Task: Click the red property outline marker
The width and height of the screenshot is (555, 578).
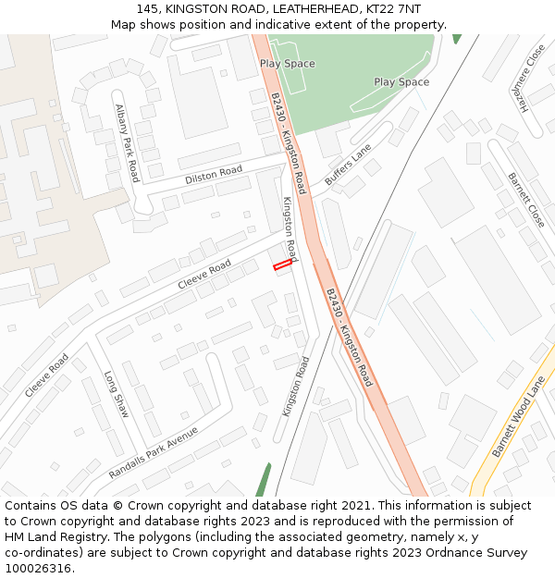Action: (x=282, y=265)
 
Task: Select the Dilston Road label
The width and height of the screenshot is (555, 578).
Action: (x=214, y=174)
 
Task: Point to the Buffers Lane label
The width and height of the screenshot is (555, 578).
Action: (x=347, y=165)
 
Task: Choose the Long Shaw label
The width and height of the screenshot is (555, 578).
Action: (x=117, y=394)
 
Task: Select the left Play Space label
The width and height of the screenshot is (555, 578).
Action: (x=287, y=64)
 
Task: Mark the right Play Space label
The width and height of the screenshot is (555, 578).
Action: (x=401, y=82)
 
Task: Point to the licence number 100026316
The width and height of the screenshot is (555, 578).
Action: (x=39, y=568)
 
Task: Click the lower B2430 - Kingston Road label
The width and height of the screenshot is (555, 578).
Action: (x=349, y=337)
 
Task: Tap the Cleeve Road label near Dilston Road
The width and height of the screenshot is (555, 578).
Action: (x=204, y=274)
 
